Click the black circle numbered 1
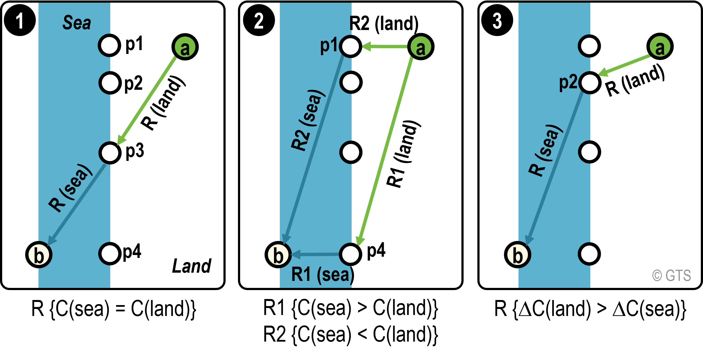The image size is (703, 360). (x=20, y=20)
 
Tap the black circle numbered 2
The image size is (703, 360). (x=259, y=20)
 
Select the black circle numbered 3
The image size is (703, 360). (x=497, y=20)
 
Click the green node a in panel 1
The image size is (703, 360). (x=185, y=47)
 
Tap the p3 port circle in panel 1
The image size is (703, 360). (x=110, y=153)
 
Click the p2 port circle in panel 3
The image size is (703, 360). (x=590, y=83)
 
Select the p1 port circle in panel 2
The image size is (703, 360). (x=351, y=46)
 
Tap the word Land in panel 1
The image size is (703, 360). (x=192, y=266)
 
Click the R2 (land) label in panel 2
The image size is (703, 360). (x=384, y=24)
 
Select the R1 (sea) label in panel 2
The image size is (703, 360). (x=323, y=275)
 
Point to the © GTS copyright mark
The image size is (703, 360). (x=672, y=275)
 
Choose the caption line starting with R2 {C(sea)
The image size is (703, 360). (x=350, y=335)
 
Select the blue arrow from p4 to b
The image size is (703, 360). (x=315, y=254)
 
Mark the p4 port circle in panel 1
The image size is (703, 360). (x=110, y=254)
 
